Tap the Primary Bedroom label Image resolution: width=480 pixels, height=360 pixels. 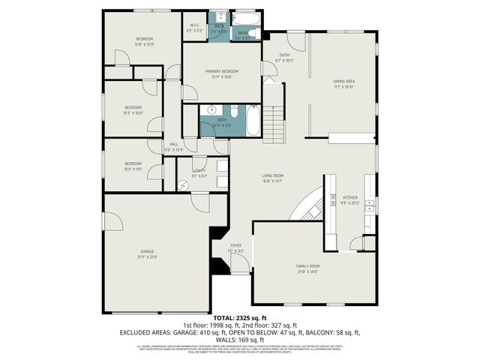coord(220,73)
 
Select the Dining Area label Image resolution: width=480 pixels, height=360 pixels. coord(343,84)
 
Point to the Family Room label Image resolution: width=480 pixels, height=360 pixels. coord(307,268)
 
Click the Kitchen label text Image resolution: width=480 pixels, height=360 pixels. coord(350,199)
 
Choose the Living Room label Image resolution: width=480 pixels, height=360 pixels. coord(271,177)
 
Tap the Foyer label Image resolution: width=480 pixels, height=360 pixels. coord(236,247)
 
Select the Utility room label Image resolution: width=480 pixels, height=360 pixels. coord(199,172)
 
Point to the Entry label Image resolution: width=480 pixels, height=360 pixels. coord(285,56)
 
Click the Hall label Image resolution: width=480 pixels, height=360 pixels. coord(173,146)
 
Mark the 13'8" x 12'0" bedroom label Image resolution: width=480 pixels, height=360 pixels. coord(144,41)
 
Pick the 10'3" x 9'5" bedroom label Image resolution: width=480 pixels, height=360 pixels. coord(133,166)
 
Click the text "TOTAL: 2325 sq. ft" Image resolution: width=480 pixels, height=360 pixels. coord(239,319)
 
